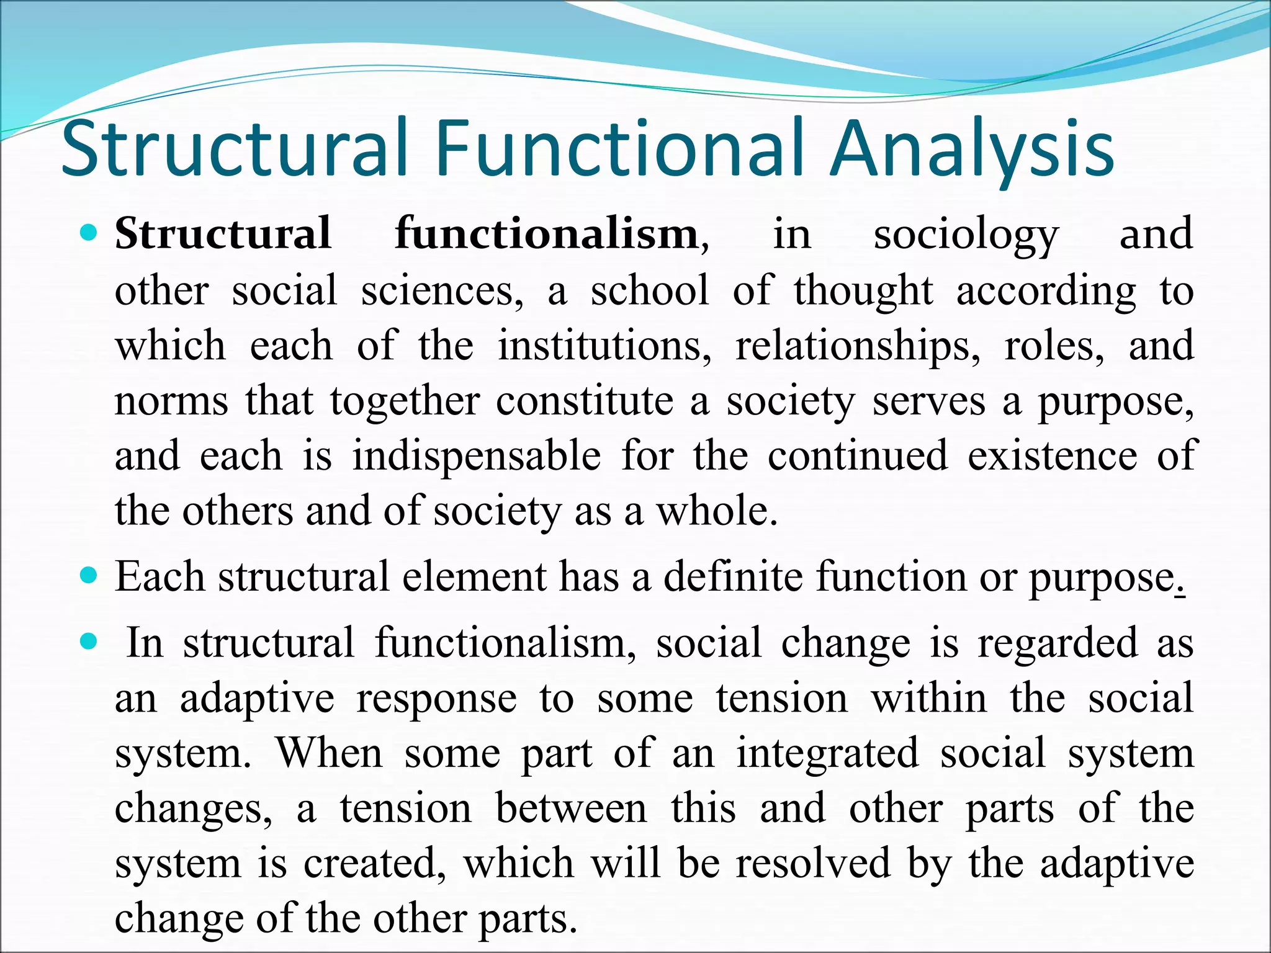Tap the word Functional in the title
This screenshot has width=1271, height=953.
click(621, 150)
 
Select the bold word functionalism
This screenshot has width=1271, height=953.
click(547, 235)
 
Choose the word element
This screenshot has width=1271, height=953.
click(474, 577)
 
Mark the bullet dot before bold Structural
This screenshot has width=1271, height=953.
click(89, 234)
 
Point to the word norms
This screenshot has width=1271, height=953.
click(171, 402)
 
